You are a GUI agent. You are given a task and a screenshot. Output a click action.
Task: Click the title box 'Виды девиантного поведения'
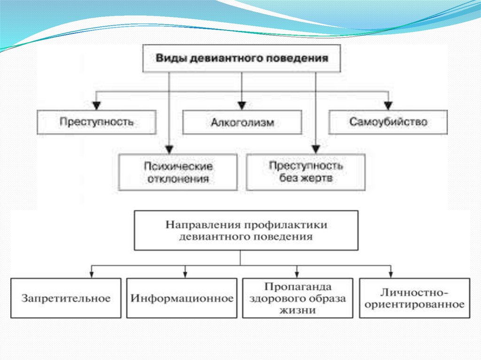241,58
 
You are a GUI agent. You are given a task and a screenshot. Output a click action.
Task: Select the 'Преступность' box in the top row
96,122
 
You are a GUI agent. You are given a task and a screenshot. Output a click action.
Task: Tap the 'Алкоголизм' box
242,123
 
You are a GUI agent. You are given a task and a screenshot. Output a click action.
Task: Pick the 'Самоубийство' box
388,122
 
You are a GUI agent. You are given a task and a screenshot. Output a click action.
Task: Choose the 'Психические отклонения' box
178,173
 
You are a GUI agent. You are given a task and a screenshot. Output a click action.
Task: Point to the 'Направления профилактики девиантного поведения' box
240,230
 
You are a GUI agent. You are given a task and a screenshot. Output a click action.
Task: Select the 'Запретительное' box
66,298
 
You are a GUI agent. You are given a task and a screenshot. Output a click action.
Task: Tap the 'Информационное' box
182,298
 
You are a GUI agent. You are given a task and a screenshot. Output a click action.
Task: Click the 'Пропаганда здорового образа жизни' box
298,298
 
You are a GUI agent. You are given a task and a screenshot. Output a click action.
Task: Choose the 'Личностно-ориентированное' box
414,298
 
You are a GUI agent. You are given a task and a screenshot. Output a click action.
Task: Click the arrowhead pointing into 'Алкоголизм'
242,106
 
